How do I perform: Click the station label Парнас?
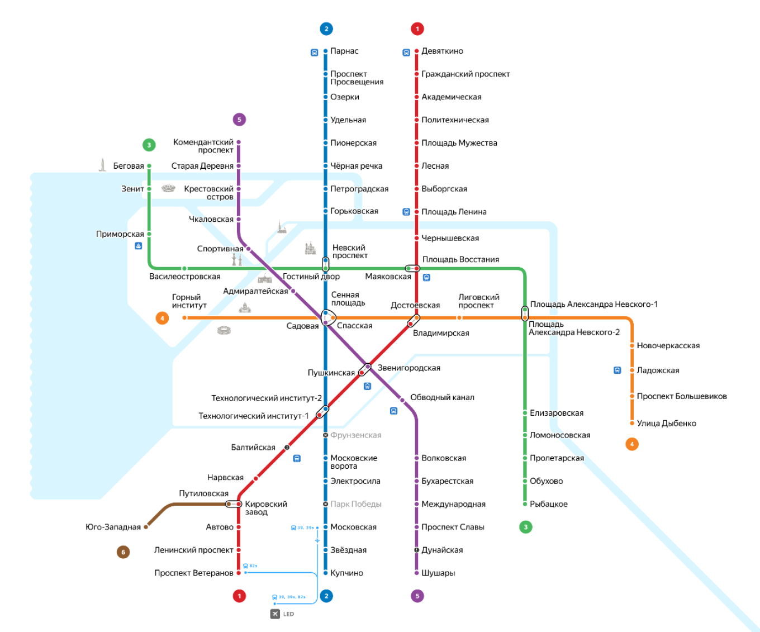coord(344,51)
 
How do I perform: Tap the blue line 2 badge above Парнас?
coord(326,28)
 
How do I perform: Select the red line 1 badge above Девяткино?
coord(417,28)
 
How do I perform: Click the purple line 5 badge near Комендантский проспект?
coord(239,119)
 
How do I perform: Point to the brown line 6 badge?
coord(123,552)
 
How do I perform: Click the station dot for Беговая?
coord(149,166)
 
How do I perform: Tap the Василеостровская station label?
coord(184,277)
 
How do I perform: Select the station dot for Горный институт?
coord(184,317)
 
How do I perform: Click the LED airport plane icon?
coord(275,614)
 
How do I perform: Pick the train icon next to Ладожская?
coord(617,370)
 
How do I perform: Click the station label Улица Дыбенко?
coord(666,423)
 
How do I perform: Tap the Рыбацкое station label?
coord(548,504)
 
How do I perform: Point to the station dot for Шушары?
coord(416,573)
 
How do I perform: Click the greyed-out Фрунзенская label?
coord(355,435)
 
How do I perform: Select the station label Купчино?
coord(346,573)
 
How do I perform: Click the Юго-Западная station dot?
coord(146,527)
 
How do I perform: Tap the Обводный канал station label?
coord(442,397)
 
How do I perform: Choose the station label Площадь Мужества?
coord(459,142)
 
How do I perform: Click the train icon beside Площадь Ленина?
coord(406,212)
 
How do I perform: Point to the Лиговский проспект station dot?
coord(459,317)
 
